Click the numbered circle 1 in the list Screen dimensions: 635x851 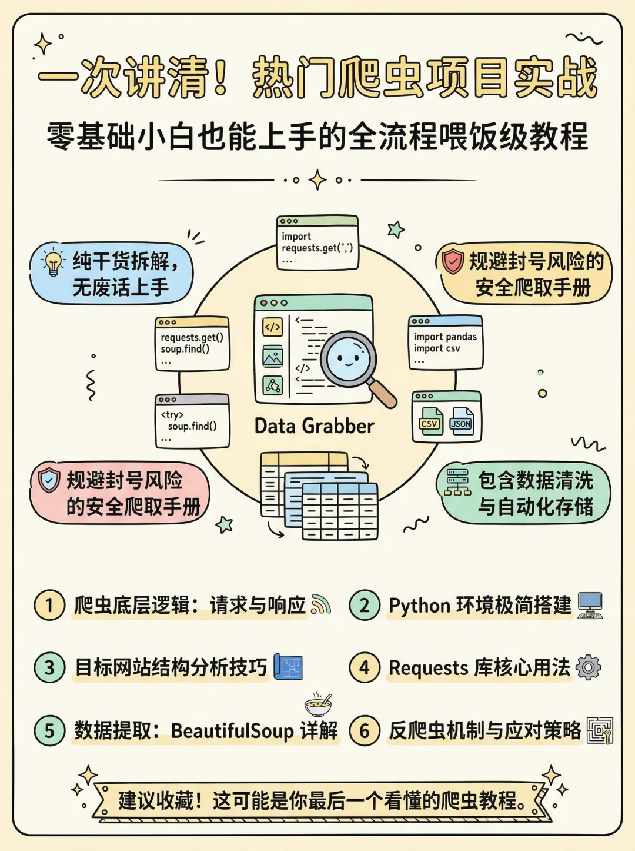pyautogui.click(x=49, y=605)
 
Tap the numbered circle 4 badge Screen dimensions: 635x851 pyautogui.click(x=365, y=667)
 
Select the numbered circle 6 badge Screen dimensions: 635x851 pyautogui.click(x=365, y=730)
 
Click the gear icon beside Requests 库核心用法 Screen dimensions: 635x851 pyautogui.click(x=589, y=667)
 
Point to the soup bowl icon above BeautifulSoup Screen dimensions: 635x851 pyautogui.click(x=318, y=704)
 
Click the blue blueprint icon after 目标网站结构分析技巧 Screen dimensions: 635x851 pyautogui.click(x=289, y=667)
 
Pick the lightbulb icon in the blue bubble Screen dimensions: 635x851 pyautogui.click(x=54, y=263)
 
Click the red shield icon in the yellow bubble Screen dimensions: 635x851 pyautogui.click(x=453, y=261)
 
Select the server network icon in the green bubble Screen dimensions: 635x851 pyautogui.click(x=457, y=482)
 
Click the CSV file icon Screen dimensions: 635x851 pyautogui.click(x=430, y=422)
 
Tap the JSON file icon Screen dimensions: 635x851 pyautogui.click(x=461, y=422)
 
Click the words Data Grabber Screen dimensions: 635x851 pyautogui.click(x=314, y=426)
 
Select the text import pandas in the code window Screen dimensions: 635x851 pyautogui.click(x=445, y=337)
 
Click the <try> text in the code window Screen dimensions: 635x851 pyautogui.click(x=172, y=414)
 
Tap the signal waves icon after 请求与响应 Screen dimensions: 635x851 pyautogui.click(x=321, y=604)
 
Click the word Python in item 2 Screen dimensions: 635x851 pyautogui.click(x=419, y=606)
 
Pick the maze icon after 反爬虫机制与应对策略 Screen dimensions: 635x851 pyautogui.click(x=600, y=730)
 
